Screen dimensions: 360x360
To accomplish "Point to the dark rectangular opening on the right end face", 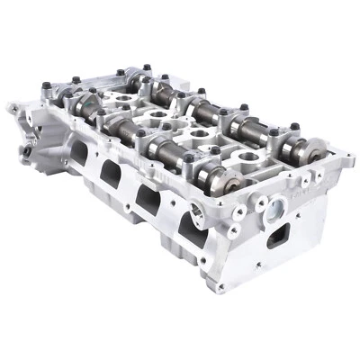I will [x=280, y=236].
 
